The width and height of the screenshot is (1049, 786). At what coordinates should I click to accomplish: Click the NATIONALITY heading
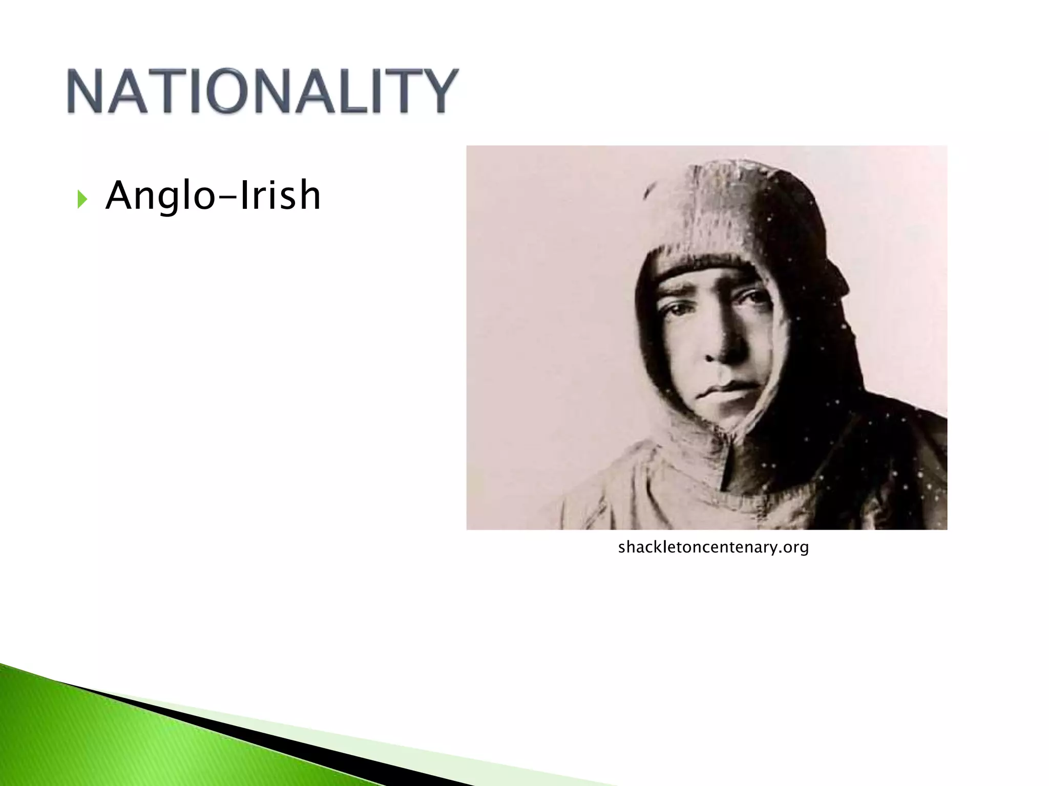(262, 91)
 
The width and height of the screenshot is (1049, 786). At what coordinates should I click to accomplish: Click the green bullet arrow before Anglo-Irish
(82, 199)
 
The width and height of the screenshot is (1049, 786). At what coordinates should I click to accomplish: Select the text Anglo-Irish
(213, 195)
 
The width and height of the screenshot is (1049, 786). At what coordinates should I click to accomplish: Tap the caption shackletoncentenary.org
(714, 548)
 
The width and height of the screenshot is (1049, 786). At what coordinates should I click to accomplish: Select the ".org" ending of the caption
(792, 548)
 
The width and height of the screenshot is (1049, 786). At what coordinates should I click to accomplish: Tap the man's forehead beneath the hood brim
(702, 276)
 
